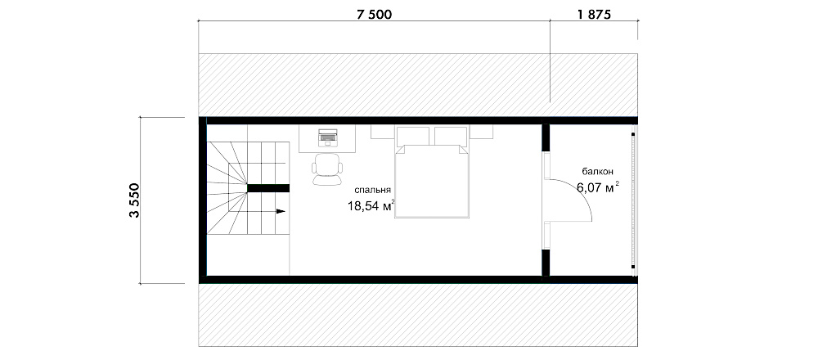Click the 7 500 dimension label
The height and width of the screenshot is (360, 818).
(x=374, y=15)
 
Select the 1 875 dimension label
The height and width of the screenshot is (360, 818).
(x=594, y=15)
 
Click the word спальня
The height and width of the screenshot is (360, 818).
(x=372, y=190)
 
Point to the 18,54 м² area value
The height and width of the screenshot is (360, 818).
(x=371, y=206)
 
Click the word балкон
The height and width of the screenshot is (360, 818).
(x=598, y=171)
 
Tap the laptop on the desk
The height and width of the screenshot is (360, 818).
(x=328, y=137)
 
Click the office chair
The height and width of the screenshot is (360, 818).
(x=328, y=169)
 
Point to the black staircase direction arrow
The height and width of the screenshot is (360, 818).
(x=281, y=211)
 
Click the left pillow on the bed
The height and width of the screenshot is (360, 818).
(x=414, y=137)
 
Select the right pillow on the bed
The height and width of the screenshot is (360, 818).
(x=452, y=137)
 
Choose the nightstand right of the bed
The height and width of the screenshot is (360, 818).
(x=482, y=132)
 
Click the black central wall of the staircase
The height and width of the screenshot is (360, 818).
(x=268, y=188)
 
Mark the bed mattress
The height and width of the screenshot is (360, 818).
(x=433, y=182)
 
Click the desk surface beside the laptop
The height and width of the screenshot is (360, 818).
(x=345, y=138)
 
